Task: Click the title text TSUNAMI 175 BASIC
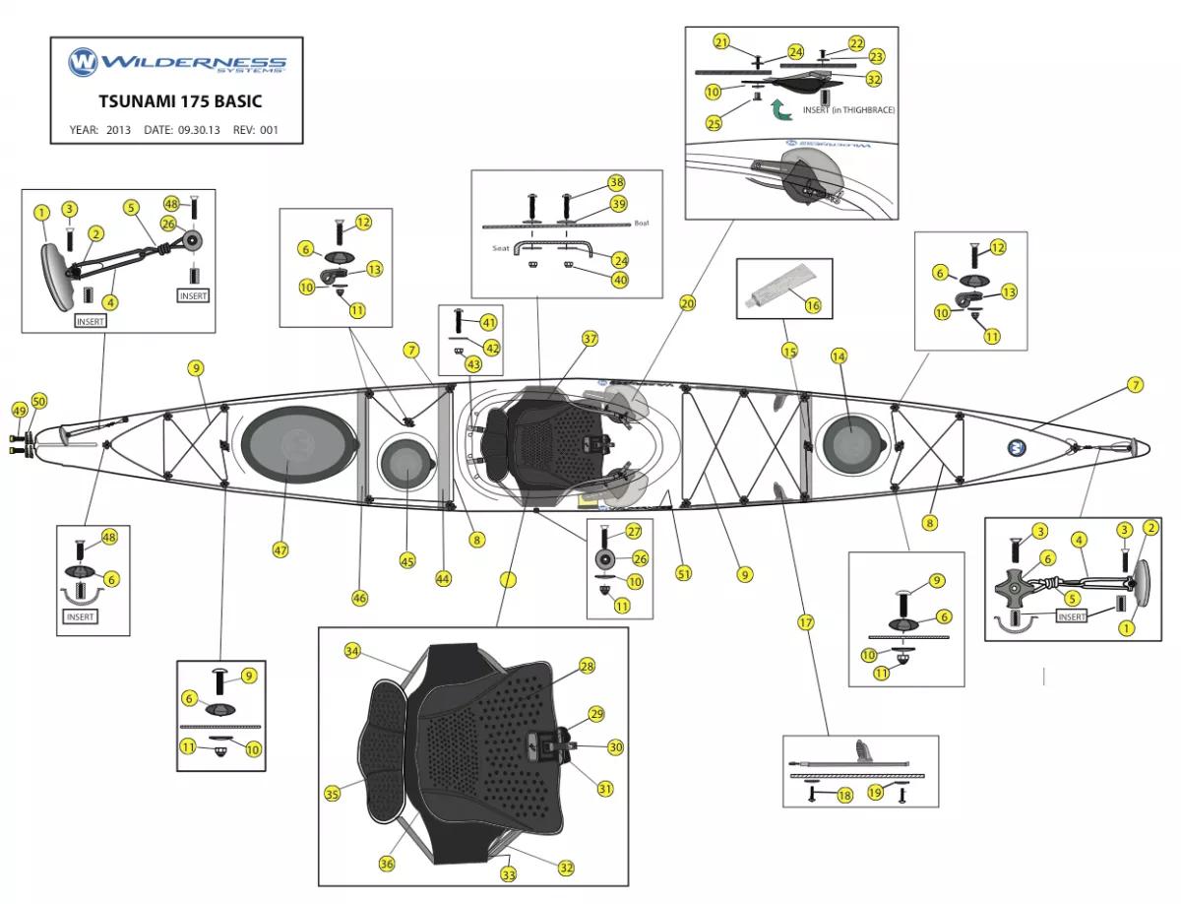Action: coord(179,100)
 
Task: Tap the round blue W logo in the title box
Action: coord(82,63)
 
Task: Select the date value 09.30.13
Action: coord(200,129)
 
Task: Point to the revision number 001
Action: coord(270,129)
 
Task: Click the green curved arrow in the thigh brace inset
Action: coord(779,109)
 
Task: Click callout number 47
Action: coord(281,550)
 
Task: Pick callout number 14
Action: coord(839,355)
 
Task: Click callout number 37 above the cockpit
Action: coord(590,339)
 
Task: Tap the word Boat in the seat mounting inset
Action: coord(642,224)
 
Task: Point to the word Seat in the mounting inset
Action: coord(499,248)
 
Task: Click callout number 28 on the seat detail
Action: coord(587,667)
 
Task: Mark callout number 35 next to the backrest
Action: coord(333,794)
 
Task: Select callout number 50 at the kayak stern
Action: coord(39,401)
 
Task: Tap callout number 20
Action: coord(687,303)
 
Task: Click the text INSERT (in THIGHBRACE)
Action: coord(848,110)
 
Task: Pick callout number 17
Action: coord(806,622)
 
